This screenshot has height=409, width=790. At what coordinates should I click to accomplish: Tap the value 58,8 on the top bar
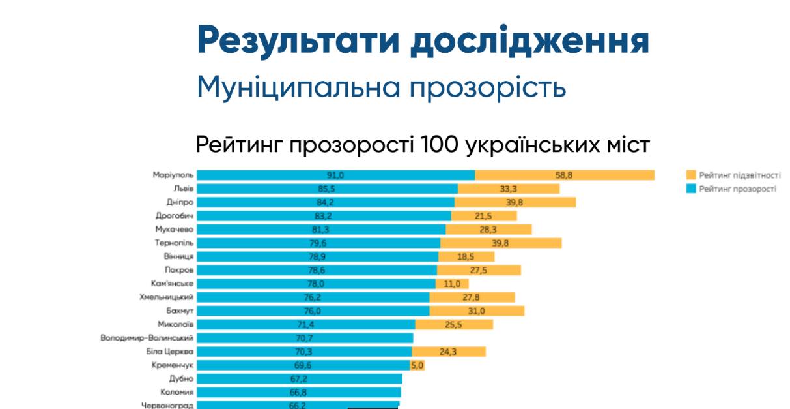[564, 175]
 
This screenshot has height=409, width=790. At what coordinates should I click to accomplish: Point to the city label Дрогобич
[175, 215]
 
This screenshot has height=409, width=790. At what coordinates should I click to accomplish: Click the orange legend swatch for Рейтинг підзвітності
[691, 175]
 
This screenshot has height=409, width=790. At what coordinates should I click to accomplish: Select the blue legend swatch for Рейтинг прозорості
[691, 189]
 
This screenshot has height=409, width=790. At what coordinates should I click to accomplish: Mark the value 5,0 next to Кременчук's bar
[417, 365]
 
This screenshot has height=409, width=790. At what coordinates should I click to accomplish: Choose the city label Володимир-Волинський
[147, 338]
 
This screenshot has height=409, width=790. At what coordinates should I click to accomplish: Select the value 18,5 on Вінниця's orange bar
[466, 256]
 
